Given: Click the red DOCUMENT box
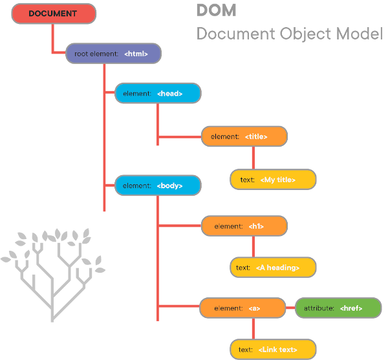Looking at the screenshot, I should point(52,13).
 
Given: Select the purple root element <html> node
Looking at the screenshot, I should point(113,54).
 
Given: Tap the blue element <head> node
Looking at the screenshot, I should point(158,94).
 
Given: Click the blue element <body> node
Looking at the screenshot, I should point(158,185).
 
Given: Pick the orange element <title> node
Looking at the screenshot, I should point(244,136).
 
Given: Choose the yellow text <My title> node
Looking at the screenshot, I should point(273,180).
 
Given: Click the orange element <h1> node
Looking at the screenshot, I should point(244,226).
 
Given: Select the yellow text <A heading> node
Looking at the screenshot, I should point(273,267).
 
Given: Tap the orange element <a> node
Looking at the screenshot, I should point(242,308).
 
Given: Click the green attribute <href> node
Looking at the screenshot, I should point(338,308).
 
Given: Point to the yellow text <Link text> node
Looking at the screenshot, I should point(273,350).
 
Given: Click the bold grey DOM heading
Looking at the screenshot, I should point(216,10).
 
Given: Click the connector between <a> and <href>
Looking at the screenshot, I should point(290,308).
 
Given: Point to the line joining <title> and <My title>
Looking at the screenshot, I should point(252,158).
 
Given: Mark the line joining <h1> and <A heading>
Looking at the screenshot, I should point(252,247).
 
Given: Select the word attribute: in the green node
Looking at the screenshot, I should point(319,309).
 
